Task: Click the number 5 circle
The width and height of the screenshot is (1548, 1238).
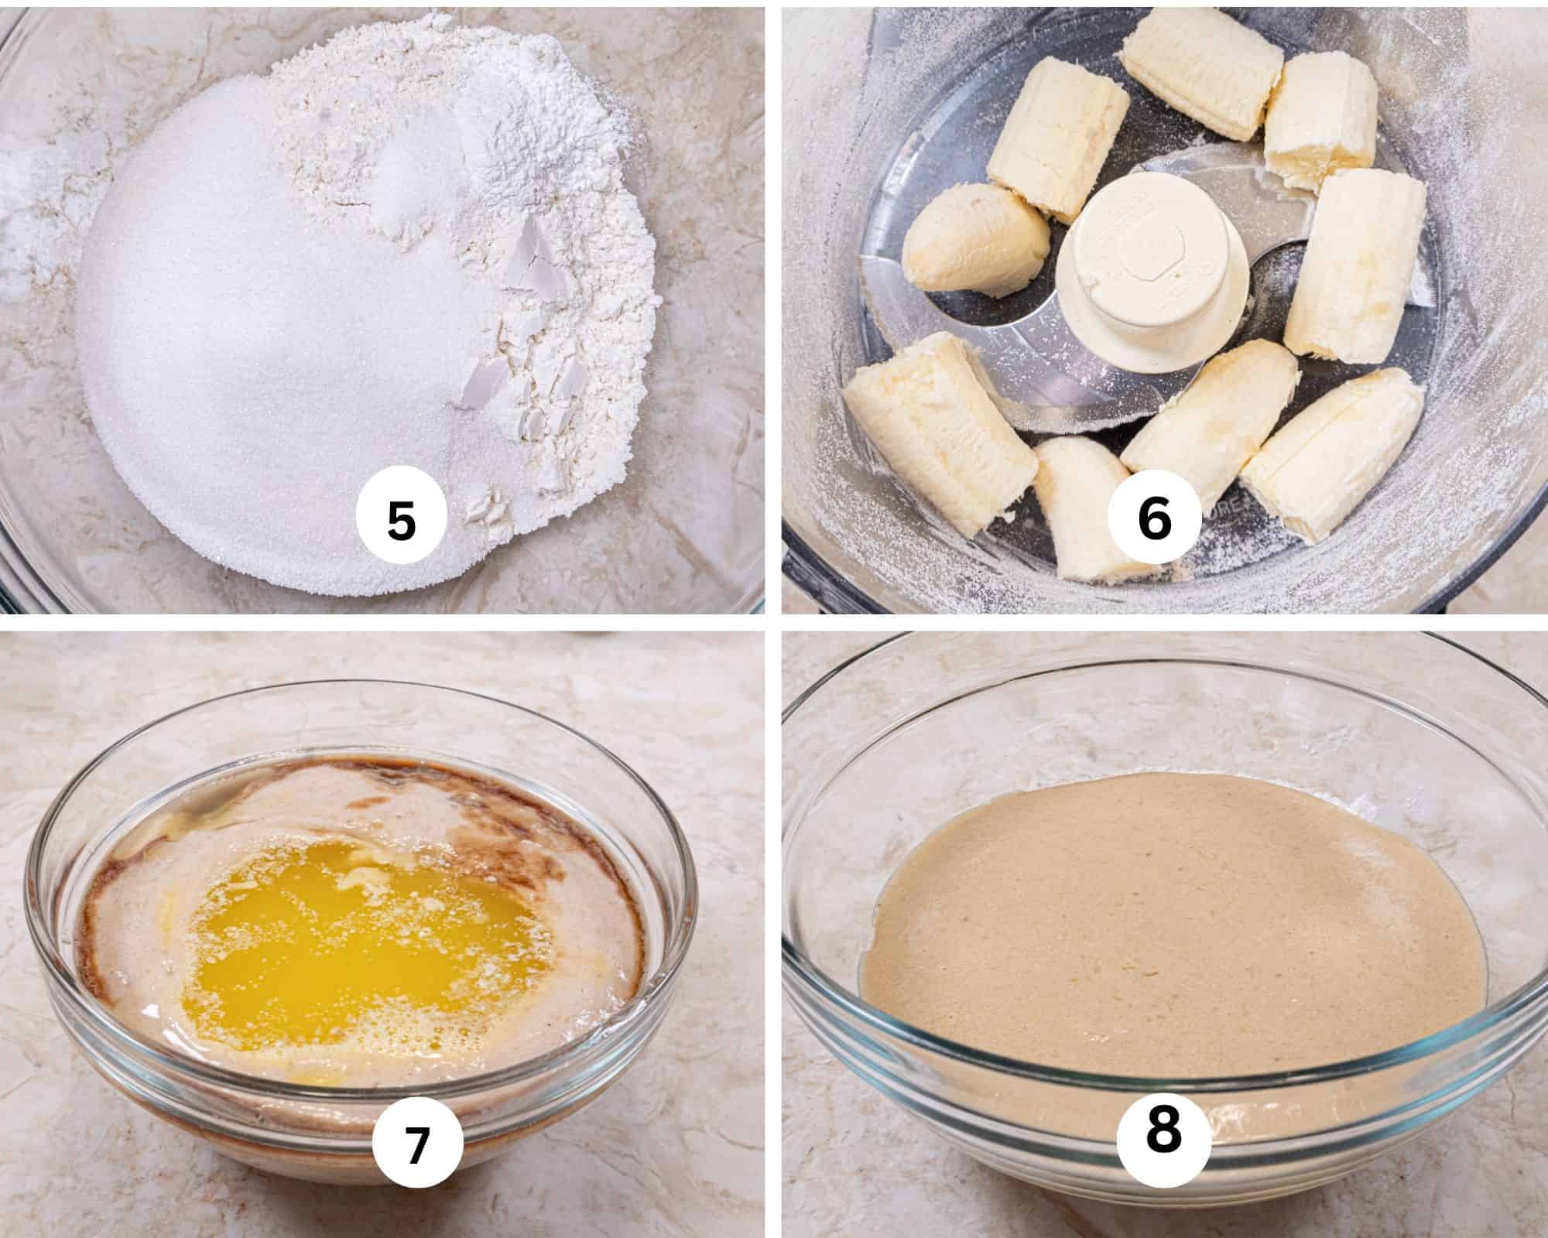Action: tap(401, 520)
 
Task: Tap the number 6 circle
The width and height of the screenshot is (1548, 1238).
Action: tap(1153, 520)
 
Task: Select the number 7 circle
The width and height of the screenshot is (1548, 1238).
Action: tap(417, 1146)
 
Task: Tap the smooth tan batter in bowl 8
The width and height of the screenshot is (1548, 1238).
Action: tap(1161, 929)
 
